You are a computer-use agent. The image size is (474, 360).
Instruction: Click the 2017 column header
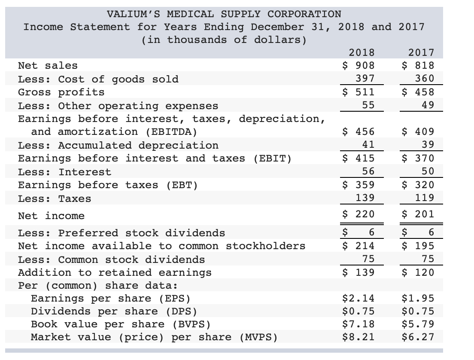tap(421, 52)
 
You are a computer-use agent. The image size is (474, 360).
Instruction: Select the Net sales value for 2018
tap(358, 65)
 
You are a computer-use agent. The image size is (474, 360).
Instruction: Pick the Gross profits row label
tap(61, 92)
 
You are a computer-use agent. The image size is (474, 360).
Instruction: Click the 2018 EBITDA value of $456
tap(358, 131)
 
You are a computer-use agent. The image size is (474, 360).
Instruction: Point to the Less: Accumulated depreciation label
tap(118, 145)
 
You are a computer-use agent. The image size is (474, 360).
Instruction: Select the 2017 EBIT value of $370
tap(418, 158)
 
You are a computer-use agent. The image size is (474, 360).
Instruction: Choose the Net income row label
tap(51, 216)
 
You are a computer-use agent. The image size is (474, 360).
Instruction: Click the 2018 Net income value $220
tap(358, 214)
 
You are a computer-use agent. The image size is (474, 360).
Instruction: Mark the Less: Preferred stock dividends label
tap(121, 233)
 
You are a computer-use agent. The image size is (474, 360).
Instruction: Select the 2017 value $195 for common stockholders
tap(418, 246)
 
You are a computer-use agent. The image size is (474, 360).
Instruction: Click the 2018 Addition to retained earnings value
tap(358, 272)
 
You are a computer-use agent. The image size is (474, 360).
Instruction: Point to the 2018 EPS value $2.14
tap(358, 298)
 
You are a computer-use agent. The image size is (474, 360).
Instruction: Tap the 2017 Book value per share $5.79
tap(418, 324)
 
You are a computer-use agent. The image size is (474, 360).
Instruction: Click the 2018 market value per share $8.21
tap(358, 337)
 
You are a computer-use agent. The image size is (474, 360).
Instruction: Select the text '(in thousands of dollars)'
tap(224, 40)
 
